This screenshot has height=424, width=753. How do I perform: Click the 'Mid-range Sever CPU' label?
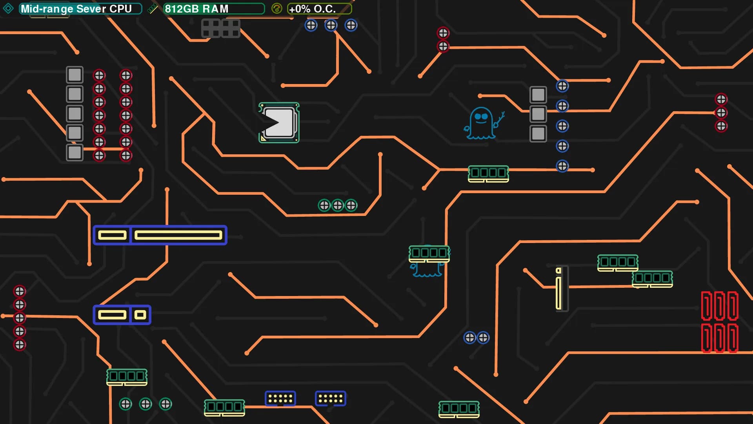click(76, 9)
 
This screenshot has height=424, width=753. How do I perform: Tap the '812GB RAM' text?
click(196, 9)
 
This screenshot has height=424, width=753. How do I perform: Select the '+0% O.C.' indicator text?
click(312, 9)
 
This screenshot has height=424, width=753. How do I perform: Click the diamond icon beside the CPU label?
click(8, 8)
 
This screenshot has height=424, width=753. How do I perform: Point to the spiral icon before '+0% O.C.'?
click(276, 9)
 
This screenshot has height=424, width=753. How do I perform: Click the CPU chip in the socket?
click(279, 123)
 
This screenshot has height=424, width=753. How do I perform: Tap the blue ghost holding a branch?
click(481, 123)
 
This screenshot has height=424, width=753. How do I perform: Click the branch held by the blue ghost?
click(499, 119)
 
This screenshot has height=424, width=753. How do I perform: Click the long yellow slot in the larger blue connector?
click(178, 235)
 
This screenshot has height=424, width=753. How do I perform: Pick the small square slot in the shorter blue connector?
click(140, 315)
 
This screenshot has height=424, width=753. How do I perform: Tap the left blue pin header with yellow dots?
click(280, 398)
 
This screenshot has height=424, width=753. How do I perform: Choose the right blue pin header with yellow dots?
click(331, 398)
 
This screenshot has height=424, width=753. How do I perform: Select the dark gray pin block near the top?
click(220, 28)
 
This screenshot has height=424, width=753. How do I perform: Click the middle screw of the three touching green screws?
click(338, 205)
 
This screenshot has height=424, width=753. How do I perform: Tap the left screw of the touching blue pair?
click(470, 338)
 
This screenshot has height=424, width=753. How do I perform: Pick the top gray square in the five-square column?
click(75, 75)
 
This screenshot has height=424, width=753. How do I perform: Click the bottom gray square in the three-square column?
click(538, 133)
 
